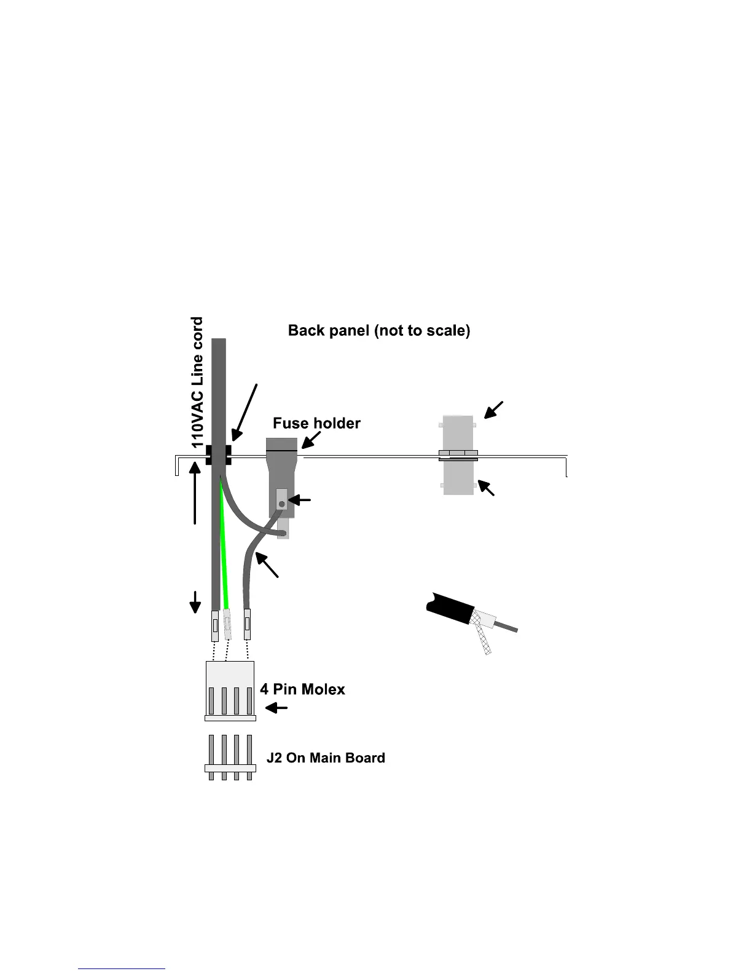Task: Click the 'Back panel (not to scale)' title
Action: pos(379,331)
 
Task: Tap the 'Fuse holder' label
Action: pos(316,423)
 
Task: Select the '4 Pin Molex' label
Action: pos(302,689)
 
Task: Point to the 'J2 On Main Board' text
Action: pos(326,758)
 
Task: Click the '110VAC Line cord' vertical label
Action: pos(197,382)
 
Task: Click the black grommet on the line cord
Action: pos(218,455)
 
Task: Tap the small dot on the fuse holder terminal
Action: pos(281,504)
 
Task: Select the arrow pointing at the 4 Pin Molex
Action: pos(276,708)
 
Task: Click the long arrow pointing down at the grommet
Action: pos(245,411)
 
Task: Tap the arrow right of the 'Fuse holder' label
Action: pos(311,439)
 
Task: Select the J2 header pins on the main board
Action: pos(230,758)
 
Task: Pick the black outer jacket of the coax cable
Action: pos(449,606)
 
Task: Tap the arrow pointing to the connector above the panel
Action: pos(493,410)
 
